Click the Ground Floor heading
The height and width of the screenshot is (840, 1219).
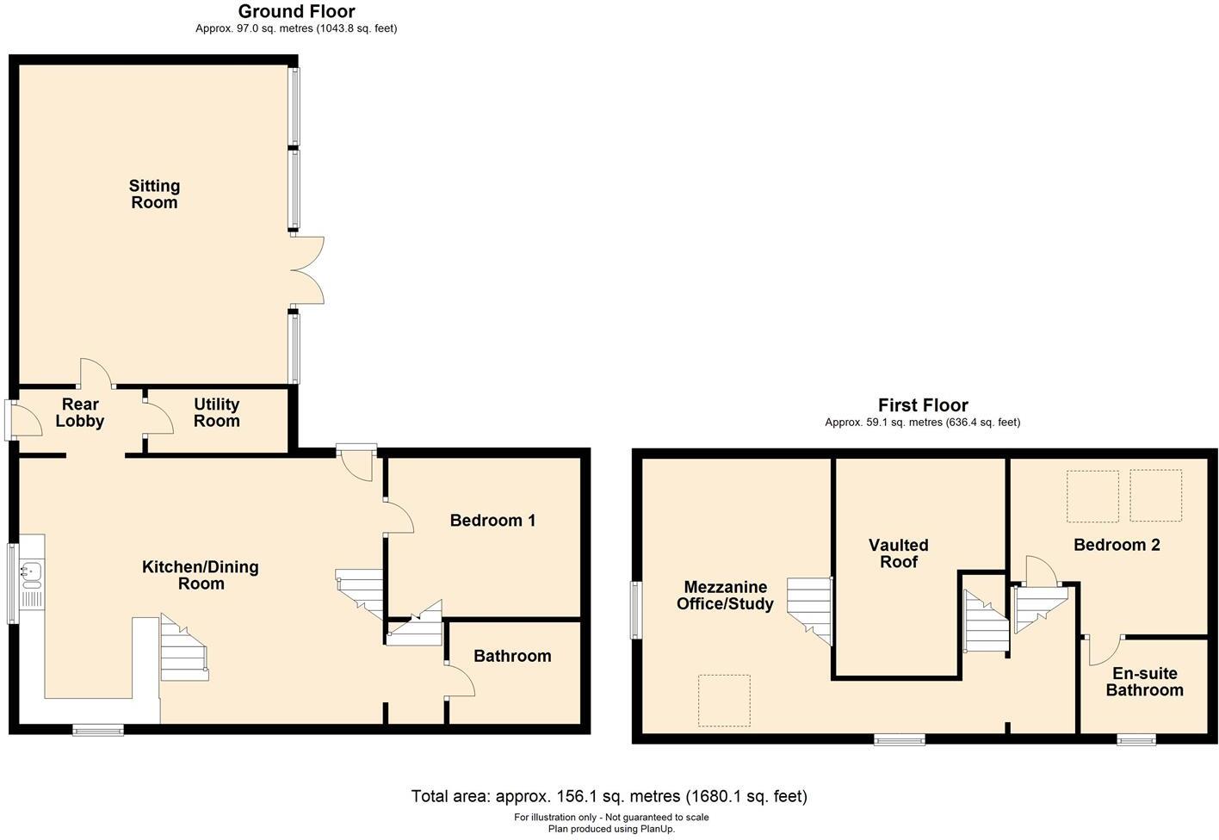(x=296, y=12)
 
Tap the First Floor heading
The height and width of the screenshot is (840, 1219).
(x=922, y=405)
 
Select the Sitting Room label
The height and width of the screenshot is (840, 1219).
(x=154, y=195)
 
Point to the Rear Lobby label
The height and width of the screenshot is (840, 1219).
(x=80, y=413)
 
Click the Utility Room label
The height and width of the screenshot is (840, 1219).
(x=216, y=413)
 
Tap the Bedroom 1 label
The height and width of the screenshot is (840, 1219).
(x=492, y=521)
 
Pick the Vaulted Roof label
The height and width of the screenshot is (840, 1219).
(x=898, y=553)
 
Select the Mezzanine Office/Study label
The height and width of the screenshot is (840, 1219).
(x=725, y=596)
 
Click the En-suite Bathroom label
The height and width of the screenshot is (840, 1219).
(x=1144, y=682)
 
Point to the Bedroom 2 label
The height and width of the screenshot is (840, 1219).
(x=1117, y=545)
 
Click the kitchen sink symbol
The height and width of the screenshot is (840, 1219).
(x=31, y=573)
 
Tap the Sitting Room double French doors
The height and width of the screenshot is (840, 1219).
(x=307, y=269)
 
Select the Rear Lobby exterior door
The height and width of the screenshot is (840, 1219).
(x=24, y=420)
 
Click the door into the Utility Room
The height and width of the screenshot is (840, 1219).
(x=156, y=420)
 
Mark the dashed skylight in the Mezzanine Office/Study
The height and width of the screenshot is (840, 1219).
(x=724, y=701)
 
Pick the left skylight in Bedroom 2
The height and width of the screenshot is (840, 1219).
(x=1092, y=496)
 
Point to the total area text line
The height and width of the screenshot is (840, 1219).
(x=609, y=796)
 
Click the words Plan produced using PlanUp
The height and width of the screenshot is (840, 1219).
(x=611, y=829)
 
